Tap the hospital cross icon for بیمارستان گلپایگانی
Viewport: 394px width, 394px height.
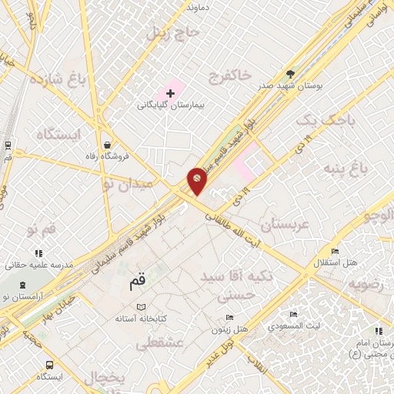pyautogui.click(x=170, y=92)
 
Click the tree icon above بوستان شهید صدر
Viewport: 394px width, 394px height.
pyautogui.click(x=289, y=74)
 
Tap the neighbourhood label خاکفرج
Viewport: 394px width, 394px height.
pyautogui.click(x=229, y=75)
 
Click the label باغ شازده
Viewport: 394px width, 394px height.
pyautogui.click(x=56, y=79)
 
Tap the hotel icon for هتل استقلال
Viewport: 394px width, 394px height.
pyautogui.click(x=334, y=251)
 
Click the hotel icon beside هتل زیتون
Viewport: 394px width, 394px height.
pyautogui.click(x=229, y=318)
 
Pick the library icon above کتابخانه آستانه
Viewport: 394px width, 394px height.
pyautogui.click(x=139, y=306)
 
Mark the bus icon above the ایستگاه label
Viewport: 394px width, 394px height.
pyautogui.click(x=50, y=365)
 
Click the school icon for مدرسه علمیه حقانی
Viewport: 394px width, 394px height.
pyautogui.click(x=38, y=253)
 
